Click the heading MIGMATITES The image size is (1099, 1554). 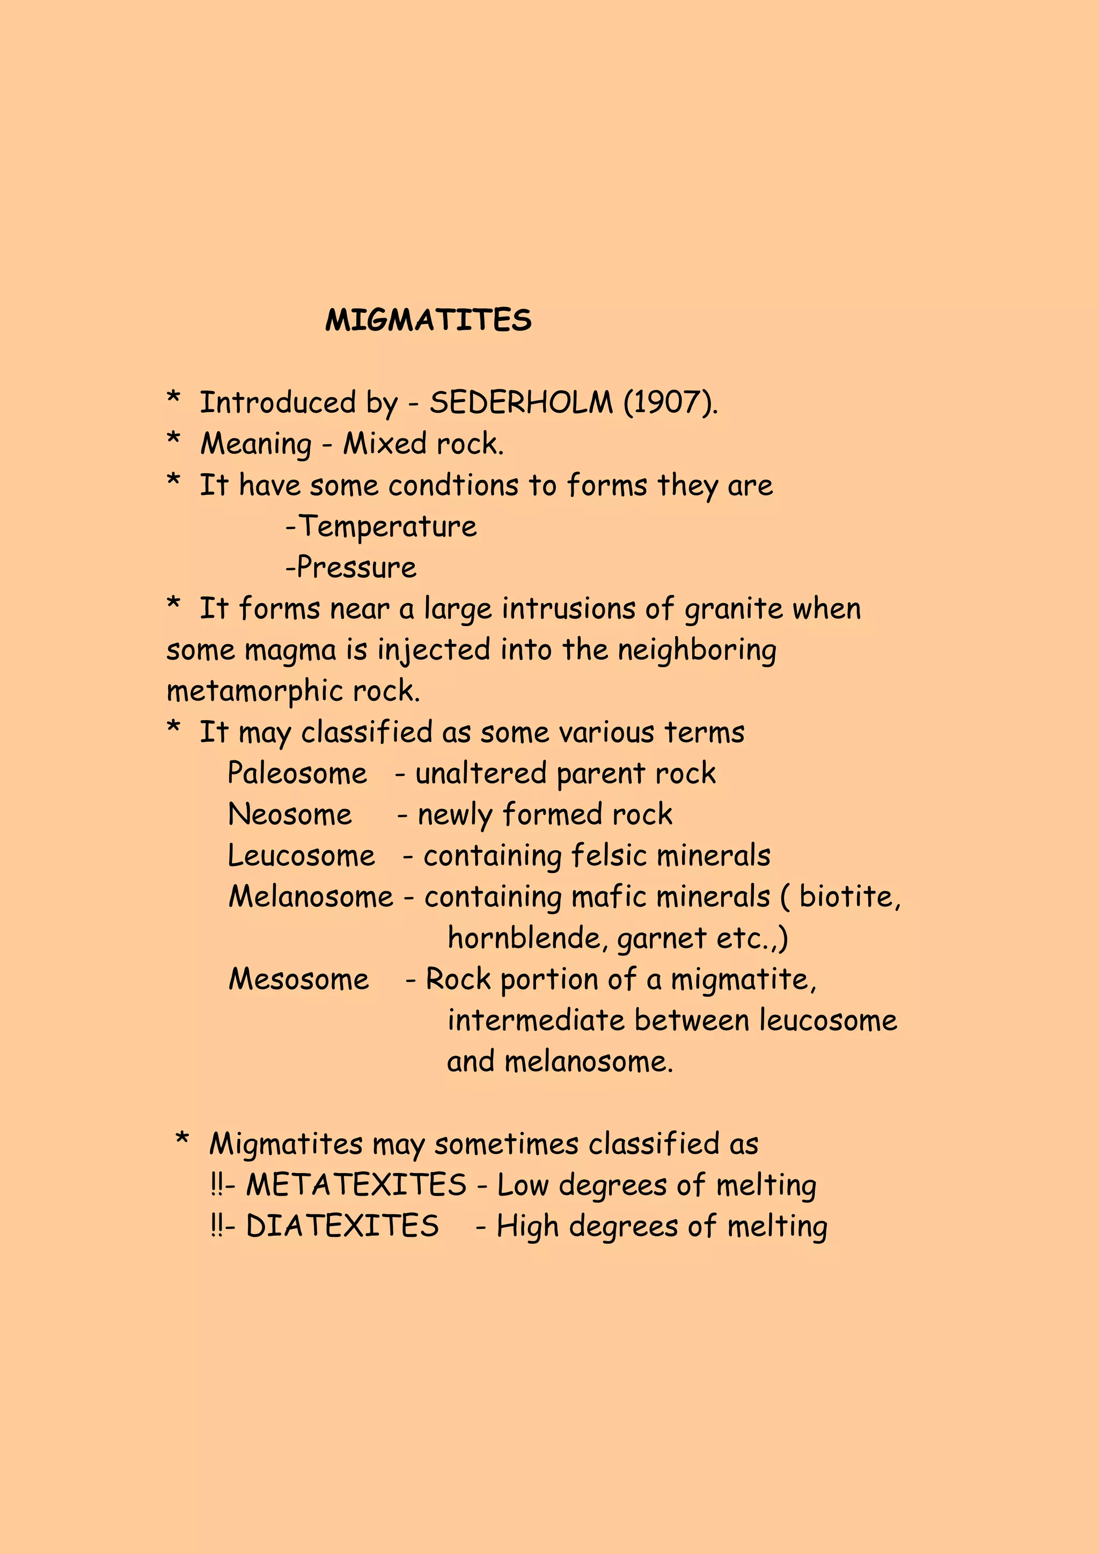pyautogui.click(x=428, y=320)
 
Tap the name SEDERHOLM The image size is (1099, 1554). pyautogui.click(x=521, y=402)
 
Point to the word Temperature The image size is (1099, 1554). pyautogui.click(x=388, y=526)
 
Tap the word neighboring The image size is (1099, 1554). pyautogui.click(x=697, y=650)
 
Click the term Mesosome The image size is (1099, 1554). pyautogui.click(x=298, y=979)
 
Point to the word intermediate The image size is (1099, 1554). pyautogui.click(x=536, y=1021)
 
